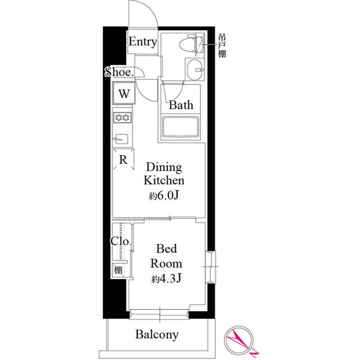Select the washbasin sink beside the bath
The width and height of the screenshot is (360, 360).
pos(195,71)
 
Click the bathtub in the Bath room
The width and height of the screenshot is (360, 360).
pos(182,127)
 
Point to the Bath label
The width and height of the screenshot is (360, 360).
pos(181,105)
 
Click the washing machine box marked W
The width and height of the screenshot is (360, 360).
pos(124,93)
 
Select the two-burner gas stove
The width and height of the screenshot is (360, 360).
pos(123,118)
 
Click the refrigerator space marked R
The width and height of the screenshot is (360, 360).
pos(123,159)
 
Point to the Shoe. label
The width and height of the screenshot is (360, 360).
pos(119,72)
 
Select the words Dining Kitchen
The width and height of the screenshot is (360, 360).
pos(164,174)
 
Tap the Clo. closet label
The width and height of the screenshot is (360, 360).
pos(121,242)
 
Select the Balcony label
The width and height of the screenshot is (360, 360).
pos(157,335)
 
